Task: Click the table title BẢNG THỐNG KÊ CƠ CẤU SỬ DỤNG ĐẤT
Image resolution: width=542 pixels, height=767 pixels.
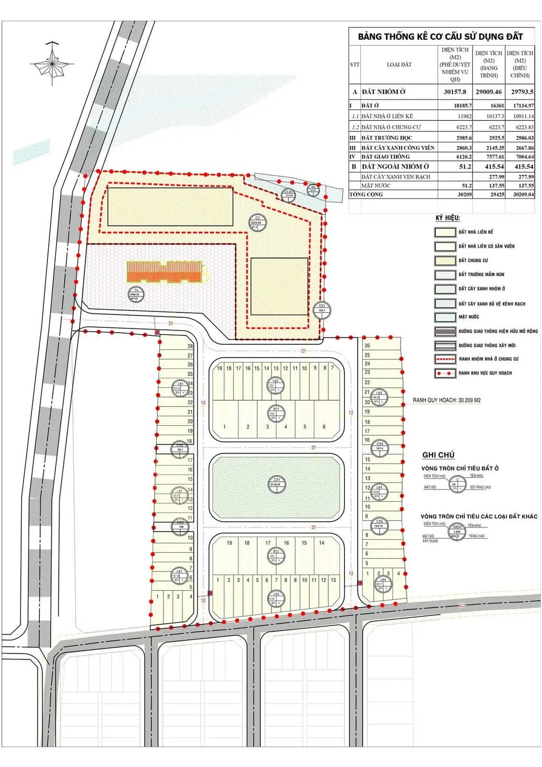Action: click(x=440, y=36)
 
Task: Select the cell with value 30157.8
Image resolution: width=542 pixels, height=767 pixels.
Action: click(x=455, y=92)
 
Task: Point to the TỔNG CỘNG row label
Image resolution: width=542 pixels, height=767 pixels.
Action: click(x=366, y=195)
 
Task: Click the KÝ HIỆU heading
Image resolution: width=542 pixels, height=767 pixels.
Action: click(x=448, y=218)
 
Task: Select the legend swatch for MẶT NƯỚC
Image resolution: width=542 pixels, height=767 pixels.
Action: click(x=445, y=317)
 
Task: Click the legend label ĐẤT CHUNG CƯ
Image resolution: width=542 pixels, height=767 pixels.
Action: click(x=473, y=260)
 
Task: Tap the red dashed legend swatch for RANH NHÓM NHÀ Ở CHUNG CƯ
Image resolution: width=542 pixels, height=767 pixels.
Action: click(x=445, y=359)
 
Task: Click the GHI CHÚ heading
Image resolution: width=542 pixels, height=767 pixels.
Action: click(x=438, y=455)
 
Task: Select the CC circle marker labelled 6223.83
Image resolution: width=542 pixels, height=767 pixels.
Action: click(x=257, y=222)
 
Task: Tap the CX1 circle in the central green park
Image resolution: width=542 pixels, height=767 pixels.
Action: click(x=277, y=482)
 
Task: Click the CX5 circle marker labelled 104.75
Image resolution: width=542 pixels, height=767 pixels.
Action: click(x=380, y=524)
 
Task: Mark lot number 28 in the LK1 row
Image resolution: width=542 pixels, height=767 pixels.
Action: click(x=190, y=346)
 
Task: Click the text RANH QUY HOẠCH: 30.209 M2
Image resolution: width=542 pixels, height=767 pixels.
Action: click(x=447, y=400)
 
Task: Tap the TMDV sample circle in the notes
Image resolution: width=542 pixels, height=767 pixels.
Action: click(x=457, y=531)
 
